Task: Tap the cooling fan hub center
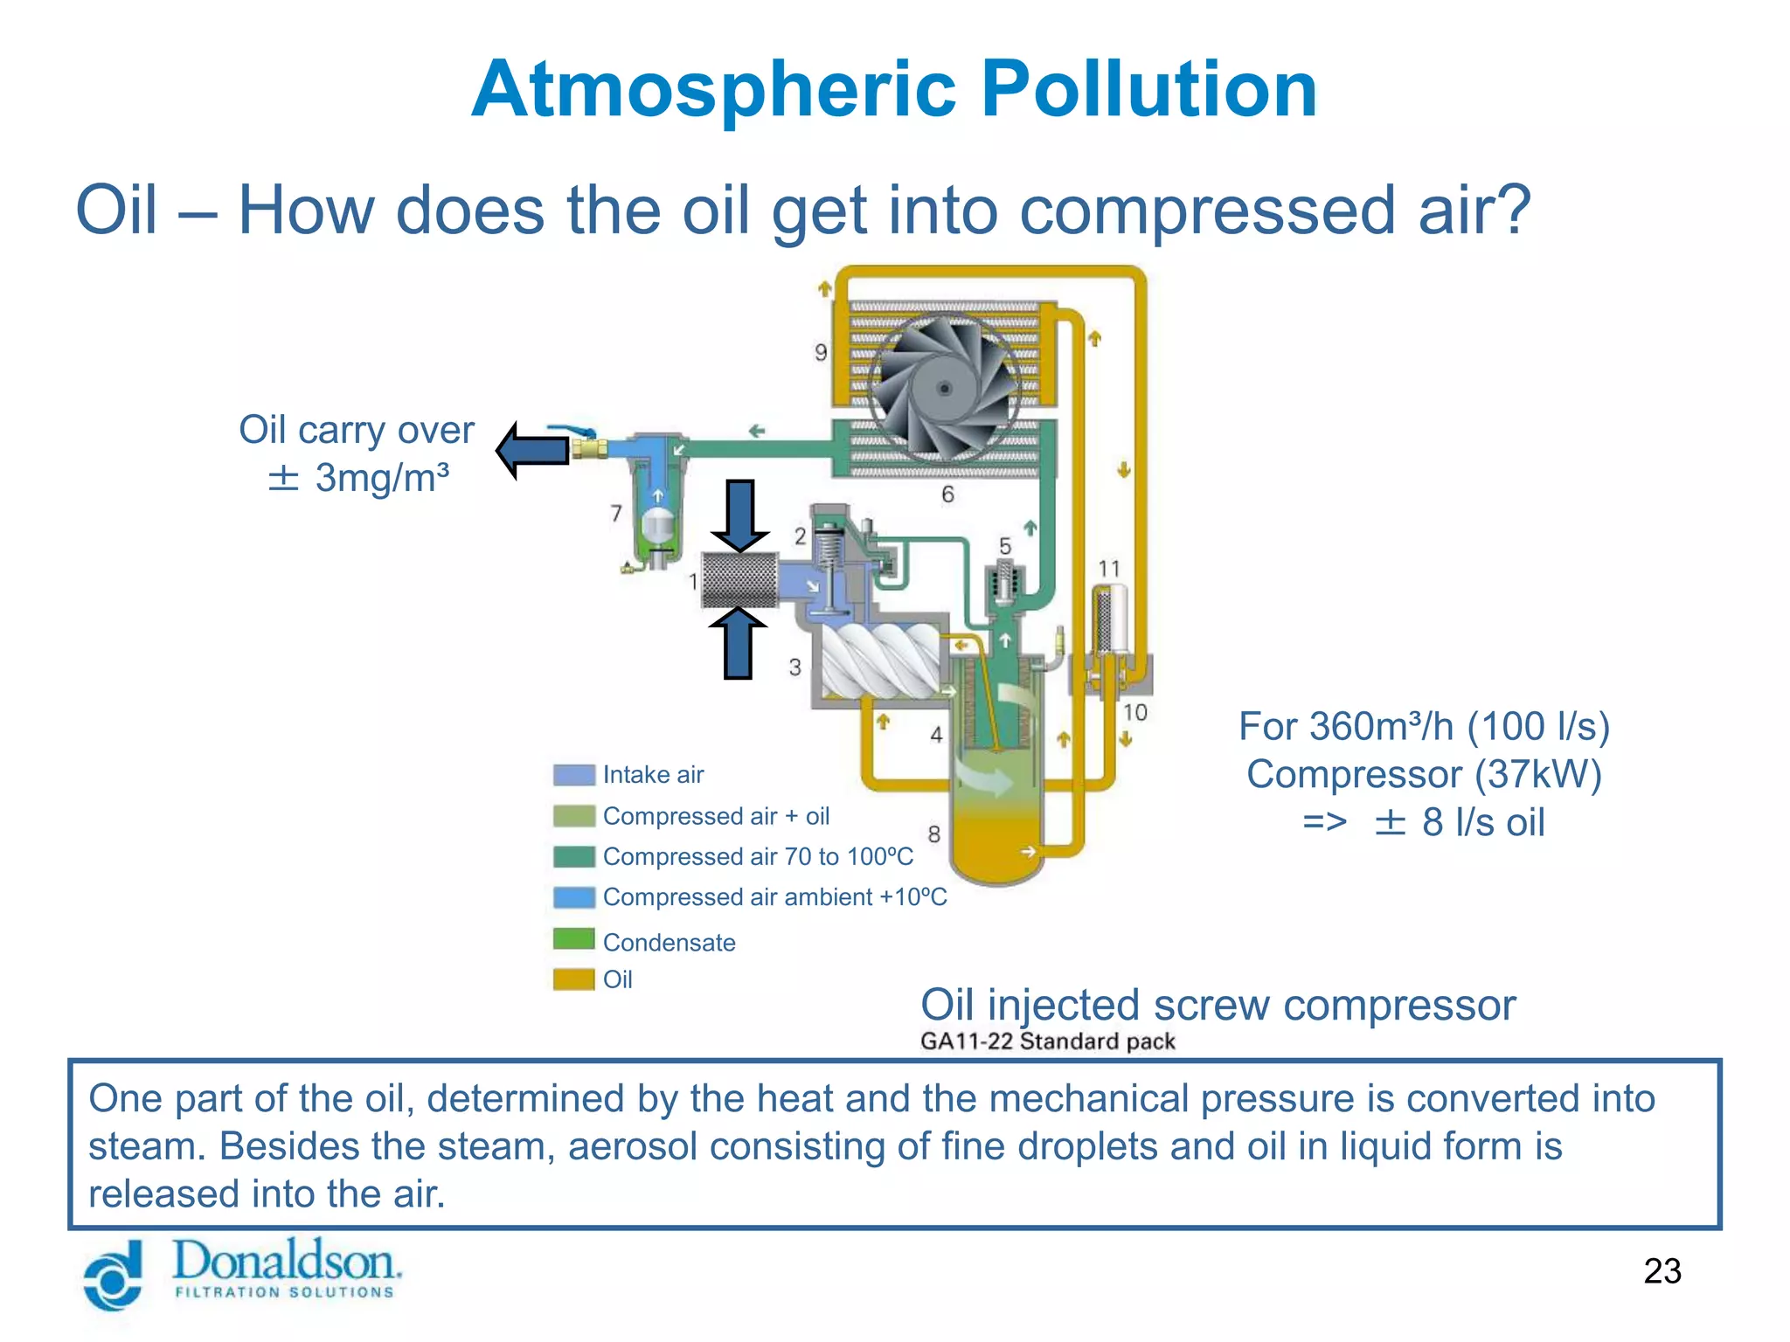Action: click(x=944, y=388)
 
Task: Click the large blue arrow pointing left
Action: click(x=533, y=450)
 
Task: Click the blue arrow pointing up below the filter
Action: click(x=739, y=643)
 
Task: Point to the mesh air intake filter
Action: click(x=739, y=580)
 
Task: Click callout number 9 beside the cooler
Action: click(x=820, y=352)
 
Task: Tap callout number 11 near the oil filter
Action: click(x=1108, y=569)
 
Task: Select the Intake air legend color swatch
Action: click(x=573, y=775)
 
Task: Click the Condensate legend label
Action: click(x=669, y=943)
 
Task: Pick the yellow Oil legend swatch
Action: click(x=573, y=979)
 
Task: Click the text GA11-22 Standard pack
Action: click(x=1047, y=1041)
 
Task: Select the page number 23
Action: click(x=1662, y=1270)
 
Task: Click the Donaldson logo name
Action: click(x=286, y=1262)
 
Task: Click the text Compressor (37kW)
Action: click(x=1424, y=774)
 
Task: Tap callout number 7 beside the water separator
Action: click(x=616, y=513)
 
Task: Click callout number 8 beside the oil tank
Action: click(x=933, y=834)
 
